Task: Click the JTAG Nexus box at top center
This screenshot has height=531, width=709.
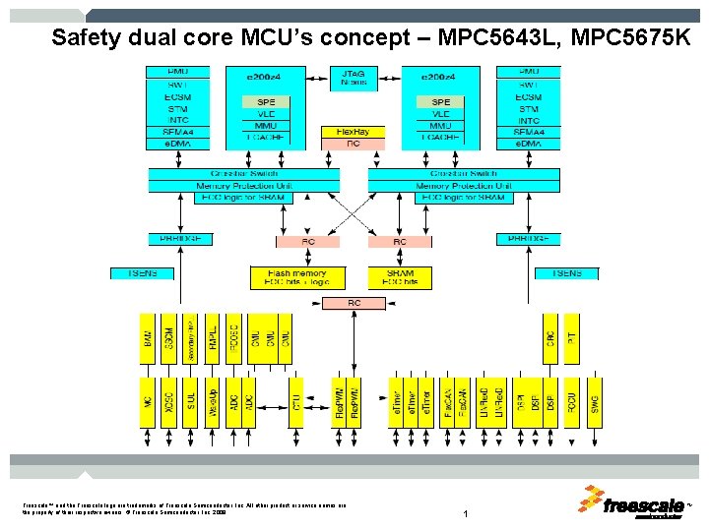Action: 354,78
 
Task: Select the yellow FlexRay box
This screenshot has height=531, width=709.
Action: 354,131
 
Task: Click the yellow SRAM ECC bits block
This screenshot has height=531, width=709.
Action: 399,276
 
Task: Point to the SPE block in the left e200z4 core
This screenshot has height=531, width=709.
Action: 267,102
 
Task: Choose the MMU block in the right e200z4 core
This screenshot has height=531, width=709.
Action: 440,126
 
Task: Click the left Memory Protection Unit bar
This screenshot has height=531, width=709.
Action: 243,186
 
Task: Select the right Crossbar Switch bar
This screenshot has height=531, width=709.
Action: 464,174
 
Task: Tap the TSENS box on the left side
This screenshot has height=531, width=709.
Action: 142,272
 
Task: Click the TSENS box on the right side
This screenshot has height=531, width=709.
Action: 566,272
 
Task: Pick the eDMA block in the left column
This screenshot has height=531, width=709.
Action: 178,144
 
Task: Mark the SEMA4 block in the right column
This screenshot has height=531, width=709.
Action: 529,133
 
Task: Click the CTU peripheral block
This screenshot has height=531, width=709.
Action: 295,401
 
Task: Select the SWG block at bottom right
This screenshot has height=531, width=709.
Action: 595,401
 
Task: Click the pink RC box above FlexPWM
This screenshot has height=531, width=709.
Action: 354,303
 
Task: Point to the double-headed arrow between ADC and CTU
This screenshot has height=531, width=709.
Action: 274,401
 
